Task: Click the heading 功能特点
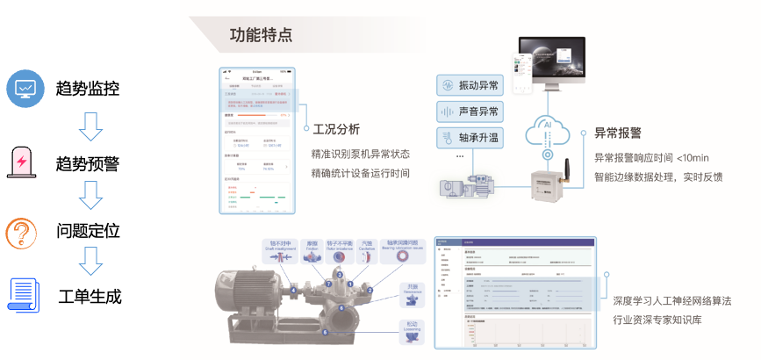point(261,34)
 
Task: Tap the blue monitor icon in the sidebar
point(24,87)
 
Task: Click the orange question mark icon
point(22,234)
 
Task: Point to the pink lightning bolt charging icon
point(22,163)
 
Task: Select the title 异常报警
point(617,133)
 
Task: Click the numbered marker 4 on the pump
point(292,289)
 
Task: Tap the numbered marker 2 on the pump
point(370,289)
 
